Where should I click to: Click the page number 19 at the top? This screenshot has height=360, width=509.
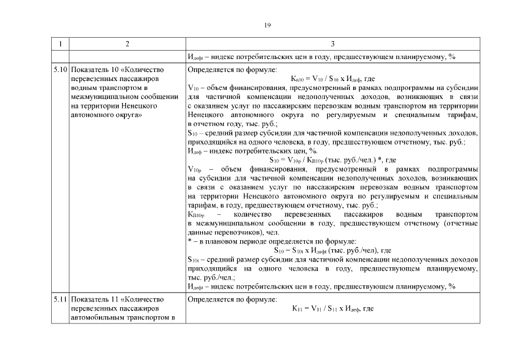[267, 24]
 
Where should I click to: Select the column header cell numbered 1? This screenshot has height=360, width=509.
[60, 44]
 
